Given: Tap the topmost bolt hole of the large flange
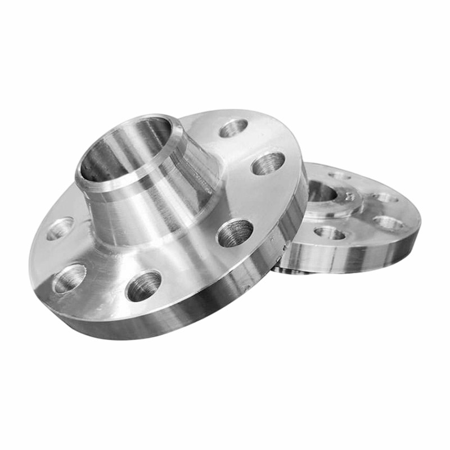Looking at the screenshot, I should pyautogui.click(x=233, y=128).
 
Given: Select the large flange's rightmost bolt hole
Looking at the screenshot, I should pyautogui.click(x=268, y=163).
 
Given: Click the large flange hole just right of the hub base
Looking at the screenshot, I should pyautogui.click(x=235, y=232).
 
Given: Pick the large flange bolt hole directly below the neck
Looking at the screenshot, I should pyautogui.click(x=144, y=285).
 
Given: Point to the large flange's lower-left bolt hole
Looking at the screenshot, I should pyautogui.click(x=69, y=278).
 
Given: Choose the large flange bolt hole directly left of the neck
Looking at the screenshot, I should pyautogui.click(x=60, y=228).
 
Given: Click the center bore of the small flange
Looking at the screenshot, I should pyautogui.click(x=322, y=191).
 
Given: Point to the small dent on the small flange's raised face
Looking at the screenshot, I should pyautogui.click(x=350, y=197).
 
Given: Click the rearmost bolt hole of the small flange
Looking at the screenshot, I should pyautogui.click(x=340, y=175).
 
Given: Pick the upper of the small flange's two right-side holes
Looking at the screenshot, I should pyautogui.click(x=386, y=197).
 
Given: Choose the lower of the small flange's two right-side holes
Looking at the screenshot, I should pyautogui.click(x=389, y=223).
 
